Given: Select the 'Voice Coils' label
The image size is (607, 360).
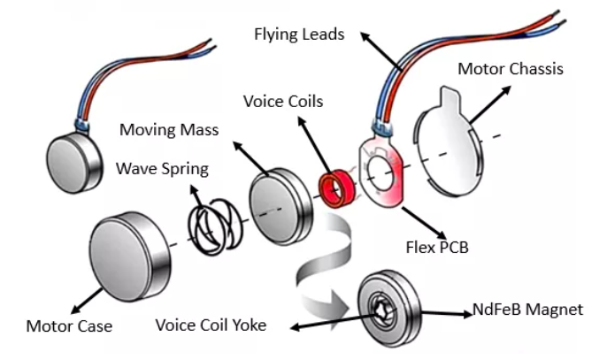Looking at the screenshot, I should point(283,102).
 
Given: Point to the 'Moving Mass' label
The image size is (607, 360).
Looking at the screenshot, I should point(169,132).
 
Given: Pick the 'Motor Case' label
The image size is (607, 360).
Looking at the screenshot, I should point(70,326).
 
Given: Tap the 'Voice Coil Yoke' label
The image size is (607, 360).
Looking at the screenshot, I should point(211,325).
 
